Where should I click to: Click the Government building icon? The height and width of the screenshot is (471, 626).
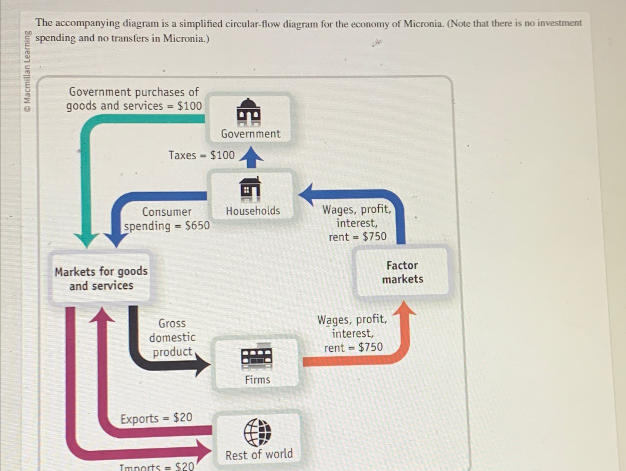[248, 113]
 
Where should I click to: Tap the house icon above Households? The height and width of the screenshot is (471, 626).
[250, 189]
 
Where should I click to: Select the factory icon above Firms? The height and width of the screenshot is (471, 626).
[257, 356]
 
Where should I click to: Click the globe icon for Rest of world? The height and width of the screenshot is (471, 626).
[257, 432]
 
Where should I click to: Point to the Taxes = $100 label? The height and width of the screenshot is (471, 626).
[201, 155]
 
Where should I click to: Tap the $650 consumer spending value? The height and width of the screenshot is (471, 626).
[197, 225]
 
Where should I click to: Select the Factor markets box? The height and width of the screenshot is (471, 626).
[402, 272]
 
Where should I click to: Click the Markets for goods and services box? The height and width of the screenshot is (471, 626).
[101, 278]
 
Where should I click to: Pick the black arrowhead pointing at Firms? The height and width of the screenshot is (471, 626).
[203, 364]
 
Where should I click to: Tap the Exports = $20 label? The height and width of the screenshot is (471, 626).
[156, 418]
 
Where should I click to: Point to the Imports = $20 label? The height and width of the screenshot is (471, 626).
[157, 466]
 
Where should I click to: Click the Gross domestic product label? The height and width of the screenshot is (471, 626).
[172, 337]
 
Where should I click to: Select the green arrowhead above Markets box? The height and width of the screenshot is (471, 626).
[86, 241]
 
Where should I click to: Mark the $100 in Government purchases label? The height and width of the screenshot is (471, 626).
[190, 106]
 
